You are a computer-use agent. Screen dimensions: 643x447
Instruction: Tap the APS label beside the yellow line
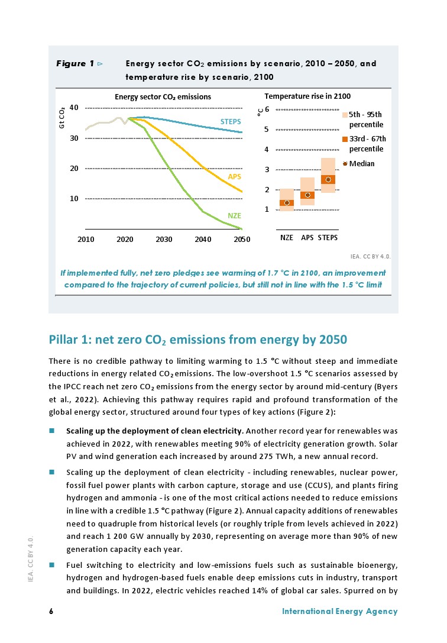coord(234,177)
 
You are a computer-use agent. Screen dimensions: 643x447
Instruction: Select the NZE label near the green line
coord(234,217)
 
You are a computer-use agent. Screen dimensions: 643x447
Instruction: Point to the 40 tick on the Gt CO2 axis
coord(74,108)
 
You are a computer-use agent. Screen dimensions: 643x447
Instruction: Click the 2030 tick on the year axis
coord(164,240)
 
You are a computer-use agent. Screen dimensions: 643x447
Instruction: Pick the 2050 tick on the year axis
coord(242,240)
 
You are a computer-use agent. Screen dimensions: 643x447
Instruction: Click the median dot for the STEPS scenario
coord(328,179)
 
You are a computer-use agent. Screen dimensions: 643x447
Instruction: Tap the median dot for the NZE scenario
coord(287,203)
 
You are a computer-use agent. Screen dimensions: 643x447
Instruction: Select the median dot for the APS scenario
coord(307,195)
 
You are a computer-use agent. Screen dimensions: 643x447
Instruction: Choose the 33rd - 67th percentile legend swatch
coord(345,139)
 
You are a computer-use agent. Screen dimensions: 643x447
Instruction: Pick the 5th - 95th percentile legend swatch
coord(345,115)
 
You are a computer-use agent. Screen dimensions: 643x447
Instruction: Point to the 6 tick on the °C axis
coord(267,110)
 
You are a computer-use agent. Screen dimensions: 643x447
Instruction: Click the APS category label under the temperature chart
coord(307,238)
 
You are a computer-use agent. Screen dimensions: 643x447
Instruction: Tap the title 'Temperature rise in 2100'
coord(307,96)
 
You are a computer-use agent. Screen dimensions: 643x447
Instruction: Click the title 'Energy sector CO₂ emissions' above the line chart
coord(163,96)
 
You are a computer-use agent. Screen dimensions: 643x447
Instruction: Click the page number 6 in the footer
coord(51,612)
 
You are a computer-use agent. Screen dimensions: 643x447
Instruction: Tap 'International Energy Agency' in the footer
coord(340,612)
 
